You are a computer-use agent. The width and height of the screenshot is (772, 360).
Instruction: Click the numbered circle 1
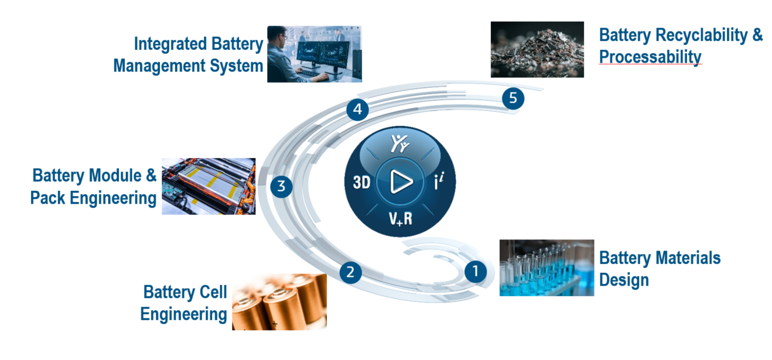pos(475,272)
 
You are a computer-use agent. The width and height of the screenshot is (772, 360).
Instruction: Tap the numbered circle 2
pos(350,272)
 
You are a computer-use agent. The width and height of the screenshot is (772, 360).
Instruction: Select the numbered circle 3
pos(281,187)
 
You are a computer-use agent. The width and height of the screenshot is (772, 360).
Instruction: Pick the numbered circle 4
pos(357,109)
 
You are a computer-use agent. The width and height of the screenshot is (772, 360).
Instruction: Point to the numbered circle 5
pos(513,98)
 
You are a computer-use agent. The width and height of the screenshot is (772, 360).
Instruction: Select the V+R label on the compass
pos(401,219)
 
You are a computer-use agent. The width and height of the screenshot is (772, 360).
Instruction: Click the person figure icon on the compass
pos(400,143)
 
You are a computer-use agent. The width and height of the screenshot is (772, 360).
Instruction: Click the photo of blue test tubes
pos(546,268)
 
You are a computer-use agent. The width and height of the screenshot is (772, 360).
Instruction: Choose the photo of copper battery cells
pos(279,302)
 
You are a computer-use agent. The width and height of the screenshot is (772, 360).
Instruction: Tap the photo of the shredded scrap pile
pos(537,50)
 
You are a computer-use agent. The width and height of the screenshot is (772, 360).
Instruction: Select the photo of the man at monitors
pos(315,54)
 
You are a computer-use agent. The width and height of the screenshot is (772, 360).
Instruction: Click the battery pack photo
pos(209,186)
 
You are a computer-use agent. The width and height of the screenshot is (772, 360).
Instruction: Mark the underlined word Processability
pos(650,57)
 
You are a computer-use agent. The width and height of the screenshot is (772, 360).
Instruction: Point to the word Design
pos(624,280)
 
